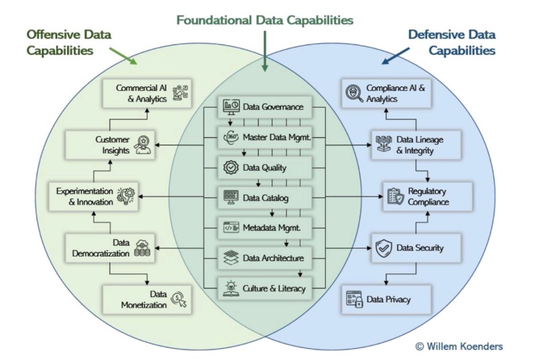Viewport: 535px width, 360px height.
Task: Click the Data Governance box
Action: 265,107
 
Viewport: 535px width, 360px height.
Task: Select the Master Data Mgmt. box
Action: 265,137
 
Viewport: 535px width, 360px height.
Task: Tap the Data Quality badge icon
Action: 230,168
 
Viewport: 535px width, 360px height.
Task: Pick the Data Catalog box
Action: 265,198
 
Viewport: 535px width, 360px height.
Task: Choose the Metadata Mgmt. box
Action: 265,227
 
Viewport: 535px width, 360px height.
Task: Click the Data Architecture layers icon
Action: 230,258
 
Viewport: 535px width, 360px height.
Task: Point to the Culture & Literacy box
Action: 265,287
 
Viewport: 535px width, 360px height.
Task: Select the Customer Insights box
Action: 110,144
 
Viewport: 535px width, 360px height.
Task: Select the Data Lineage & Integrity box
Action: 416,145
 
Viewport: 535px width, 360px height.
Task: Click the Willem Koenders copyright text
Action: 459,346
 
